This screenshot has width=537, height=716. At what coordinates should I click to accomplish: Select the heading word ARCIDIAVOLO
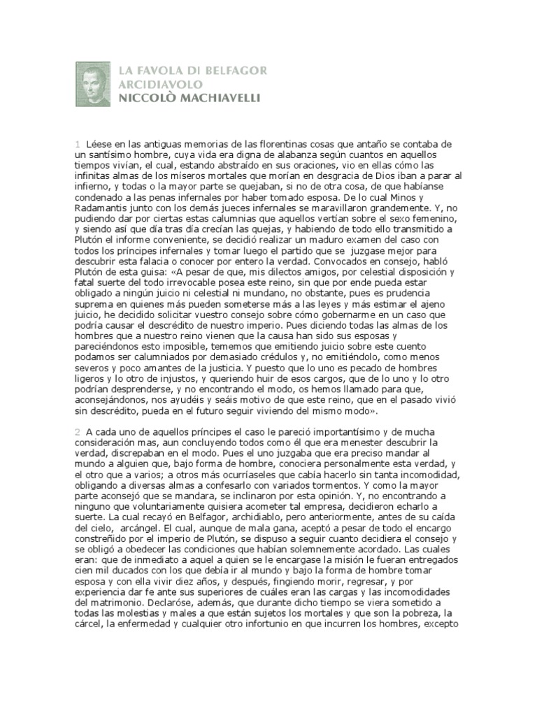[155, 85]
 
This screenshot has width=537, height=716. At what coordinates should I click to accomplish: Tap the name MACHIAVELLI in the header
[217, 99]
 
